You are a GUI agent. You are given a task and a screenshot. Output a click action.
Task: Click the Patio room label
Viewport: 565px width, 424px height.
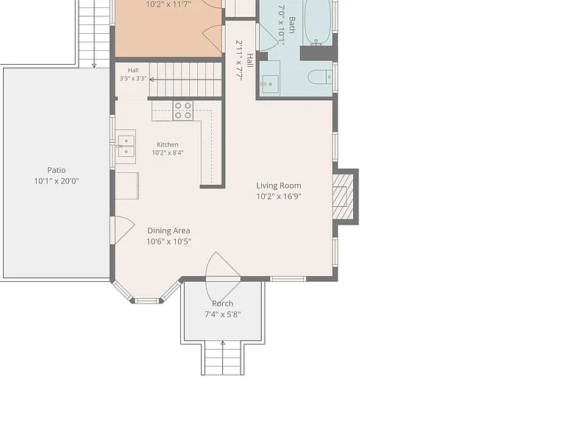click(57, 170)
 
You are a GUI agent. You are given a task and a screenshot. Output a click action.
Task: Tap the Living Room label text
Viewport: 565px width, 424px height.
click(279, 185)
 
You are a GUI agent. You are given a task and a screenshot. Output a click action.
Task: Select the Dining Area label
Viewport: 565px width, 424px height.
click(168, 230)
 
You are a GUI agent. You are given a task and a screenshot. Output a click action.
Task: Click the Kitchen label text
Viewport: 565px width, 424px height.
click(168, 144)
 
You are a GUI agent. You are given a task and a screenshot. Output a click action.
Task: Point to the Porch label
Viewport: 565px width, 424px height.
click(222, 303)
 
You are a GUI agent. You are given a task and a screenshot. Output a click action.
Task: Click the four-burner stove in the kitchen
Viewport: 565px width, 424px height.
click(182, 110)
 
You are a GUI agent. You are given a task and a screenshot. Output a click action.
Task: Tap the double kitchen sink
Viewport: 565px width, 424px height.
click(126, 146)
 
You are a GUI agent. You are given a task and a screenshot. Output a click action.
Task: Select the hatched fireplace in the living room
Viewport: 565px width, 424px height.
click(343, 197)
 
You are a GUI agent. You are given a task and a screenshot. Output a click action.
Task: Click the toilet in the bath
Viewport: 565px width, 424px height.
click(320, 77)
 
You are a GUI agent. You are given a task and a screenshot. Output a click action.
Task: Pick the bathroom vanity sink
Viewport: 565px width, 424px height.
click(270, 84)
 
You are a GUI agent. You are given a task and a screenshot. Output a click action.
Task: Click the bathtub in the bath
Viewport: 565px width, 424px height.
click(317, 21)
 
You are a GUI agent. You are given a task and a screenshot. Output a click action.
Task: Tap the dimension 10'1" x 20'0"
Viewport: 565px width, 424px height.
click(57, 181)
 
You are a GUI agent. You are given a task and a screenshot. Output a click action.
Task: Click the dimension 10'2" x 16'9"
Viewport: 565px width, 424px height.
click(279, 197)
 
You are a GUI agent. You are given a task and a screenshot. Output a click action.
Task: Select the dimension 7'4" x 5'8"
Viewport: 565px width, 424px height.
click(222, 314)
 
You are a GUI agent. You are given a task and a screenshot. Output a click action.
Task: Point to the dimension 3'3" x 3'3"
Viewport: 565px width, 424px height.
click(133, 79)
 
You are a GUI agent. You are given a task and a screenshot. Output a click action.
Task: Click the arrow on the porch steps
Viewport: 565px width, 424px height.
click(223, 358)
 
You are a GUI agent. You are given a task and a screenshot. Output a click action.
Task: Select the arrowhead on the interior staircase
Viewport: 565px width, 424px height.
click(152, 79)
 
